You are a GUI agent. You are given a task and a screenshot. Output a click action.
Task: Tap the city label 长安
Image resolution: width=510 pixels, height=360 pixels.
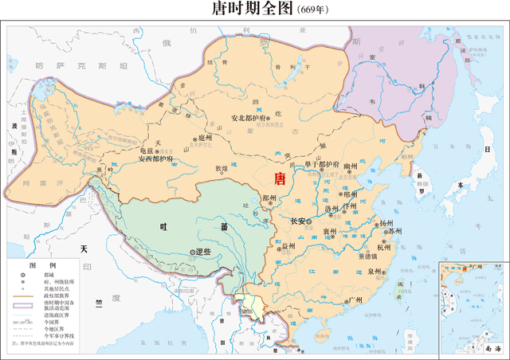300,221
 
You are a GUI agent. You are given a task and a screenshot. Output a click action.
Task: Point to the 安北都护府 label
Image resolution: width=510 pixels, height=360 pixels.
249,119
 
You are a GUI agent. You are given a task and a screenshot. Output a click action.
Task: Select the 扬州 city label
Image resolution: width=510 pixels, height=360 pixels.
386,223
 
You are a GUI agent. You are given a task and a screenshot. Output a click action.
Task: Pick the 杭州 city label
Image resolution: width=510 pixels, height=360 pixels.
384,248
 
